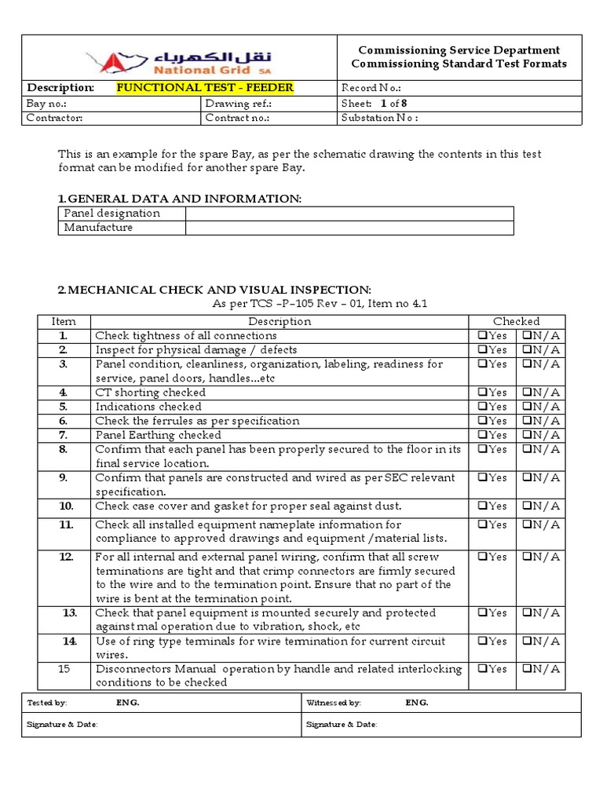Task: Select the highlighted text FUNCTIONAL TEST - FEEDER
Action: (x=205, y=87)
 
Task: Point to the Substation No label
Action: (x=380, y=118)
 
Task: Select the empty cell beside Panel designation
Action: (x=349, y=214)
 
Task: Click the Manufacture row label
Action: (x=98, y=228)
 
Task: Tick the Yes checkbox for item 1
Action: (x=480, y=336)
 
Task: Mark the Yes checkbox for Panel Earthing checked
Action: (x=480, y=435)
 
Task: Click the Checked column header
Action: (x=516, y=321)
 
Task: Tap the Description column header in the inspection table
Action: (x=280, y=321)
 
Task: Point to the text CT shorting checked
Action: (x=151, y=393)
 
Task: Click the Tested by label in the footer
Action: (x=47, y=703)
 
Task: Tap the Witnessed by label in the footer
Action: (x=334, y=703)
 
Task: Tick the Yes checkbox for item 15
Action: (x=480, y=670)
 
